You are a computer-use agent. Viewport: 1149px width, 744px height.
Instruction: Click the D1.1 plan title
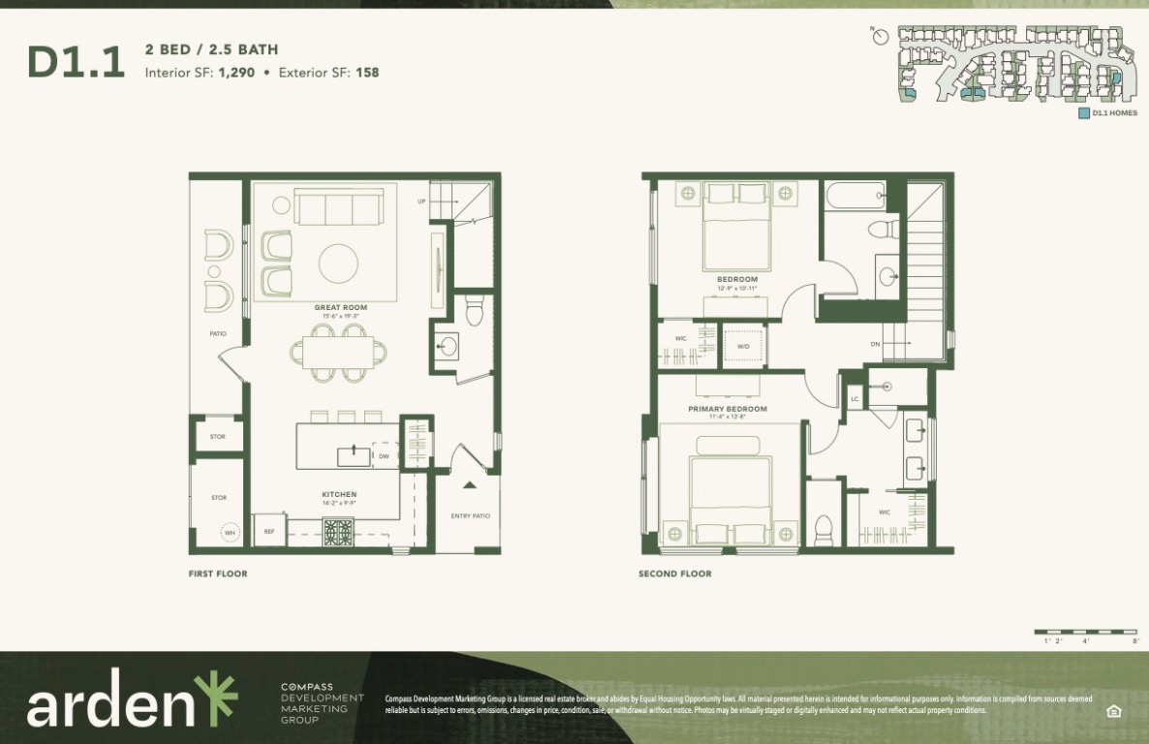click(76, 61)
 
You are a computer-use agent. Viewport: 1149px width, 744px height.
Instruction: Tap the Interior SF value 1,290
click(236, 72)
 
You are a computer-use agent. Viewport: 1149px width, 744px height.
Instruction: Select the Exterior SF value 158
click(367, 72)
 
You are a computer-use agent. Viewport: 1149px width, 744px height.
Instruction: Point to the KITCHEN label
click(339, 494)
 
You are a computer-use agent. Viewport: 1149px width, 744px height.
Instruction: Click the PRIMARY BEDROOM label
click(728, 409)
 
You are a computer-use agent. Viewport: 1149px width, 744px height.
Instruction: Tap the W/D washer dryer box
click(743, 346)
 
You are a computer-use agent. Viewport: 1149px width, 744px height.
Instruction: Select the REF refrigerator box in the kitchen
click(269, 531)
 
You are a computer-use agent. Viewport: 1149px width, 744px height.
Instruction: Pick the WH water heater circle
click(230, 533)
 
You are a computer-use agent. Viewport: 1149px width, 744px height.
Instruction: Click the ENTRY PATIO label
click(471, 516)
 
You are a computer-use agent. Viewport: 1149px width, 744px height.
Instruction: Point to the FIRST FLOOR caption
click(218, 573)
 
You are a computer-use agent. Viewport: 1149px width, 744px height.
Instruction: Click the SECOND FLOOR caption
click(675, 573)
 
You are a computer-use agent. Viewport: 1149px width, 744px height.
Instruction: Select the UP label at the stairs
click(421, 201)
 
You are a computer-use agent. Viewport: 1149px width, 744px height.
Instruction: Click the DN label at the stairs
click(875, 344)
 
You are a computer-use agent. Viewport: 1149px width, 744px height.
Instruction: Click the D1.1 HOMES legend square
click(1084, 113)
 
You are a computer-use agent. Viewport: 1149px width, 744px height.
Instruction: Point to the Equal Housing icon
click(1113, 711)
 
